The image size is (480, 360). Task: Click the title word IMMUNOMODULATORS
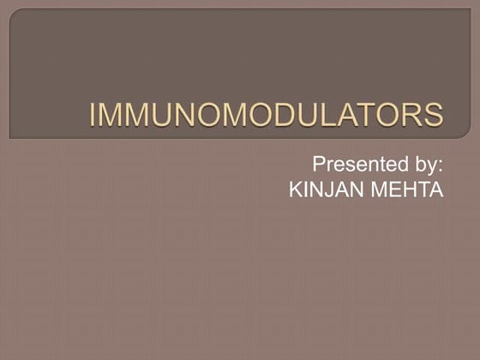(x=267, y=115)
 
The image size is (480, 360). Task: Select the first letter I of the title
(x=95, y=115)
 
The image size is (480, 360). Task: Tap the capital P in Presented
(x=318, y=164)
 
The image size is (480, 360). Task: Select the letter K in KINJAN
(x=297, y=189)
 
